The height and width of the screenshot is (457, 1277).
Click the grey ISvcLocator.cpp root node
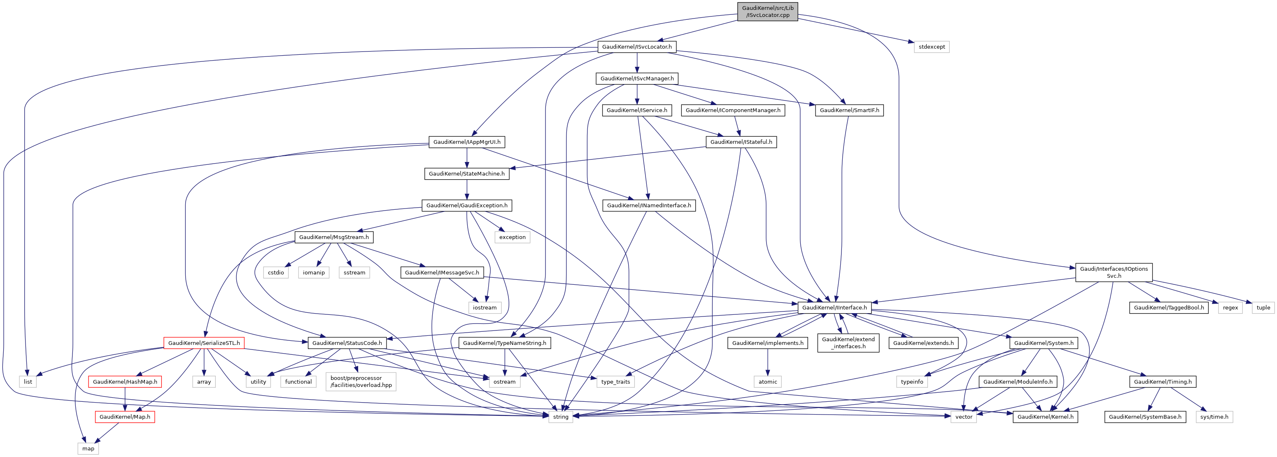(767, 12)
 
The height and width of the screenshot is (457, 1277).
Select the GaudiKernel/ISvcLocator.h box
(636, 47)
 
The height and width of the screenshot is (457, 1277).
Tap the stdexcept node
(932, 47)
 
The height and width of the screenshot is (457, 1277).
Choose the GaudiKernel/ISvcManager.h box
(637, 78)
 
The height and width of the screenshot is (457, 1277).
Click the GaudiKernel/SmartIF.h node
(849, 110)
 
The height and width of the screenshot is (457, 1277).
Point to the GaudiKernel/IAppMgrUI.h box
(466, 142)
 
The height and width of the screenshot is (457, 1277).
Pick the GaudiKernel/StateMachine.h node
(466, 173)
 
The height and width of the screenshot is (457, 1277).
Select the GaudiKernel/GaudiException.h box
(466, 206)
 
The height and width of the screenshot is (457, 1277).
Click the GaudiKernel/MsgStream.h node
(333, 237)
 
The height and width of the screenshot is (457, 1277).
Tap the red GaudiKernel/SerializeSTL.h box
(204, 343)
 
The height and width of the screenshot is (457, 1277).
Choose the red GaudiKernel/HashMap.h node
(125, 382)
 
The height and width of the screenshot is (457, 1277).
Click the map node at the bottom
(88, 449)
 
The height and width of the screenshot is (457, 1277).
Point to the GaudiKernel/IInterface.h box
(834, 308)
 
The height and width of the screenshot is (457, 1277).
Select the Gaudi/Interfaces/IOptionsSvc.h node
(1114, 272)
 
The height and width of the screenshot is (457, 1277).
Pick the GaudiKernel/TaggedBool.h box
(1168, 308)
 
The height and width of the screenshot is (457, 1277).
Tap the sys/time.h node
(1214, 417)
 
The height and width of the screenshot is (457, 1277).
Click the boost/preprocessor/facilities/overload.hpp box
(361, 382)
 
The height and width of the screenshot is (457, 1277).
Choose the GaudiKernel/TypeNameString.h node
(504, 343)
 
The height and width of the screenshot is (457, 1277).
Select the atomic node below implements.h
(767, 382)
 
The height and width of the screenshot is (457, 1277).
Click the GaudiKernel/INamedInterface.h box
(649, 206)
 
